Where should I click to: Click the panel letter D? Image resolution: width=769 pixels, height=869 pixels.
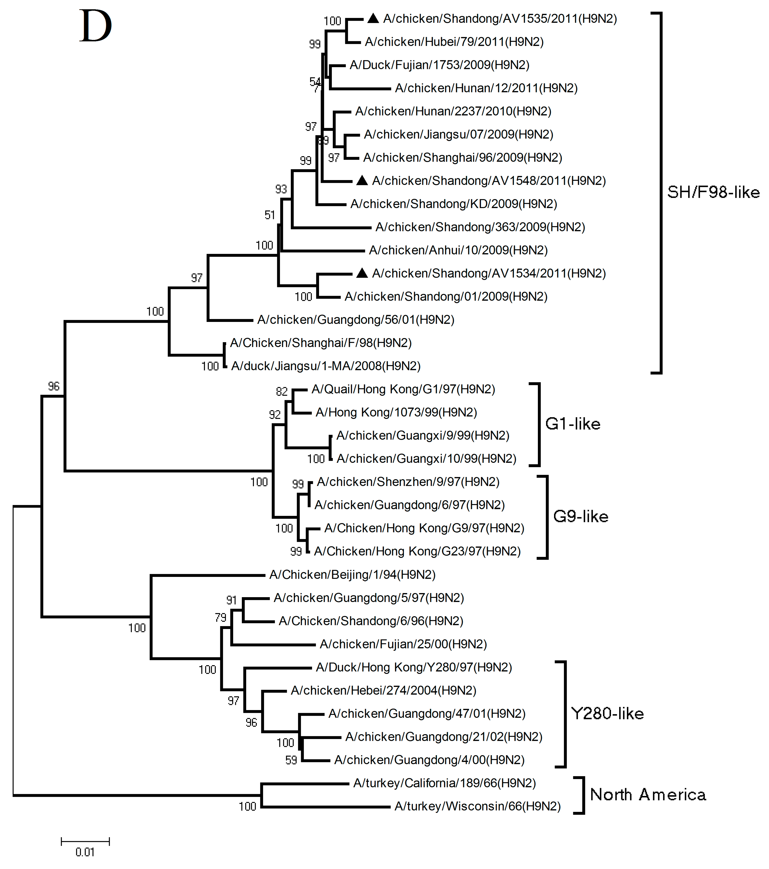coord(95,26)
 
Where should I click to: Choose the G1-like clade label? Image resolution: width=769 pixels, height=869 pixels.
coord(572,424)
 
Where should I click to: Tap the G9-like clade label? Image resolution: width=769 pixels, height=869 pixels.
coord(581,517)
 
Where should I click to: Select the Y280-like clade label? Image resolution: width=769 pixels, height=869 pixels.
coord(607,714)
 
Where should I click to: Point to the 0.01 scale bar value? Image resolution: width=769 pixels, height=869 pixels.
coord(85,852)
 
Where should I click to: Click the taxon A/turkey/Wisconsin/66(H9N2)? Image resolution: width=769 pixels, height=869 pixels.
coord(477,806)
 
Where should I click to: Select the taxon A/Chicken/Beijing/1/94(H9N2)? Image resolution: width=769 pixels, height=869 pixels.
coord(352,575)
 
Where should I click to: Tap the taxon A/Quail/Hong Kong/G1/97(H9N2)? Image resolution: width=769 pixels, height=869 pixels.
coord(403,390)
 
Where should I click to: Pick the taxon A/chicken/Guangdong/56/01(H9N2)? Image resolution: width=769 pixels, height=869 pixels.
coord(355,320)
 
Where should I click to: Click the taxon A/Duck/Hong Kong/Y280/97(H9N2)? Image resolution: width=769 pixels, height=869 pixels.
coord(414,668)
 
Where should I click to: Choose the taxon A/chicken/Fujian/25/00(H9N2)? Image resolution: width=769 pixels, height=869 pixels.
coord(403,644)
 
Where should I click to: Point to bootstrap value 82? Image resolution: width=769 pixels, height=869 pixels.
coord(281,391)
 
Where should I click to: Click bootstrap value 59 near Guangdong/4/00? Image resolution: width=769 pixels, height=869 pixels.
coord(291,760)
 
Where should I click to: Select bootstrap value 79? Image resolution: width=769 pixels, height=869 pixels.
coord(220,617)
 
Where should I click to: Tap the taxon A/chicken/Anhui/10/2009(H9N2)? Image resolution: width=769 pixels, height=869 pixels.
coord(458,250)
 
